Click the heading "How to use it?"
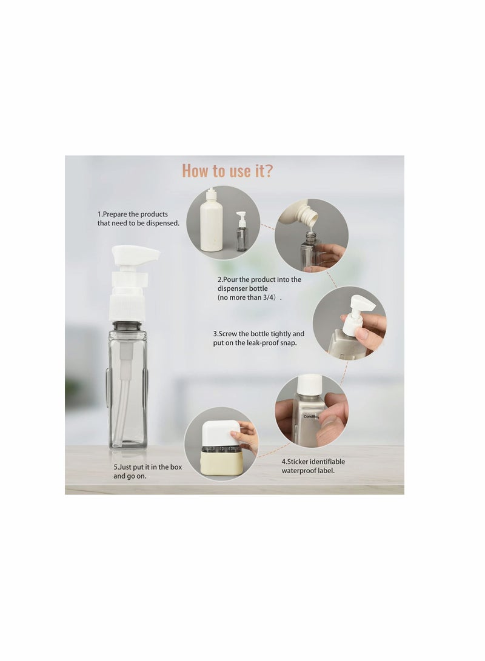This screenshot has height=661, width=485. tap(227, 171)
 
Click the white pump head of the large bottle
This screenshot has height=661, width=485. tap(135, 255)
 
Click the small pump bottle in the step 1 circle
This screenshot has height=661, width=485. tap(242, 233)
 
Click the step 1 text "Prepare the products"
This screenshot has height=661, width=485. tap(133, 214)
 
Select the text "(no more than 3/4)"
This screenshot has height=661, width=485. tap(249, 298)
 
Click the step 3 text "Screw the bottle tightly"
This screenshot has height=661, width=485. tap(258, 334)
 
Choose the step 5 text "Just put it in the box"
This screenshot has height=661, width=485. tap(147, 467)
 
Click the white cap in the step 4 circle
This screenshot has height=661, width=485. tap(310, 384)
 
